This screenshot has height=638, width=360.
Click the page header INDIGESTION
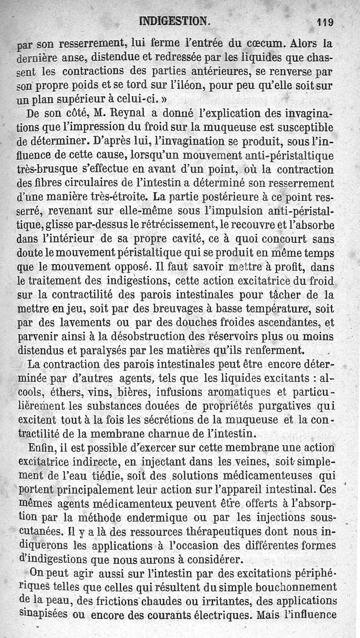pyautogui.click(x=174, y=21)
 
